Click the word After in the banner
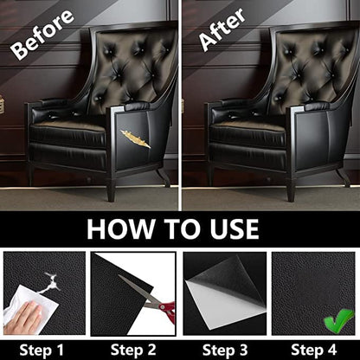218,31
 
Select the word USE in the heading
228,228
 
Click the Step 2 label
132,350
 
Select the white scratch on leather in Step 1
52,279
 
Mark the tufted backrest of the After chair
308,65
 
